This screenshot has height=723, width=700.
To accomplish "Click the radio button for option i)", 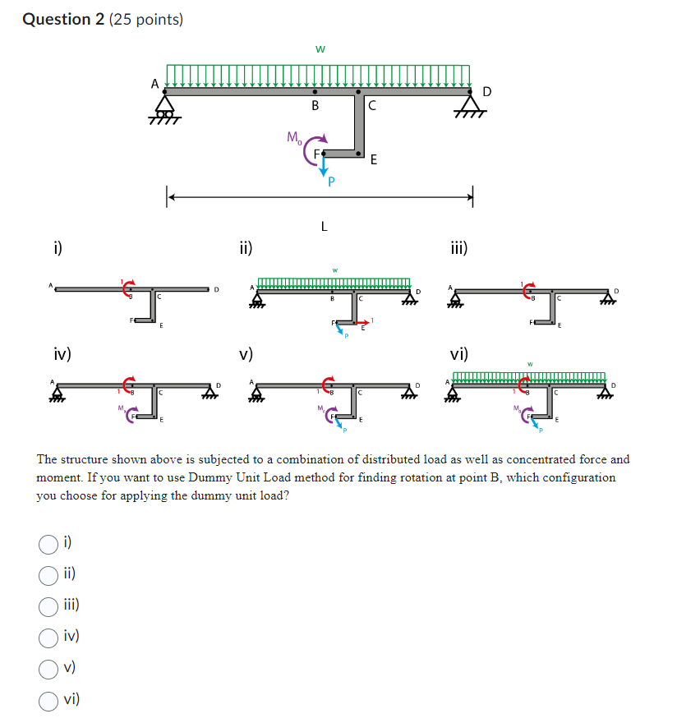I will point(48,542).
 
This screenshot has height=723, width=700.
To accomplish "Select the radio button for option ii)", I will point(48,573).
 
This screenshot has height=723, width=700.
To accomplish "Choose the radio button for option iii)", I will point(48,606).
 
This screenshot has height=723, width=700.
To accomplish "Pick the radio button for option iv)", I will point(48,637).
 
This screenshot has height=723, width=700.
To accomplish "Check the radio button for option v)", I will point(48,668).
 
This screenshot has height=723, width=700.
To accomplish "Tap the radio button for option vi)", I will point(48,700).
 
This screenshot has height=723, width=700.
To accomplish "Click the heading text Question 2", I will point(58,19).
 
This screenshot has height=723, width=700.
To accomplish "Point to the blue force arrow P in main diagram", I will point(324,168).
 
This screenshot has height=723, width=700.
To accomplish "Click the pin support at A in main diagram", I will point(166,107).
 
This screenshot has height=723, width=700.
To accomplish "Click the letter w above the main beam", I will point(320,49).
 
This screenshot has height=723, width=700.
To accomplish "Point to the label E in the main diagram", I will point(374,160).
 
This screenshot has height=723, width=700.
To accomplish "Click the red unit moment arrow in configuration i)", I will point(127,288).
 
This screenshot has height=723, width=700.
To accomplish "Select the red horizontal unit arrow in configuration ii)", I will point(362,322).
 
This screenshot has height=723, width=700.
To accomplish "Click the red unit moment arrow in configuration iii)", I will point(527,288).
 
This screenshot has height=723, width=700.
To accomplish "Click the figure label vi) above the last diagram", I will point(459,354).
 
